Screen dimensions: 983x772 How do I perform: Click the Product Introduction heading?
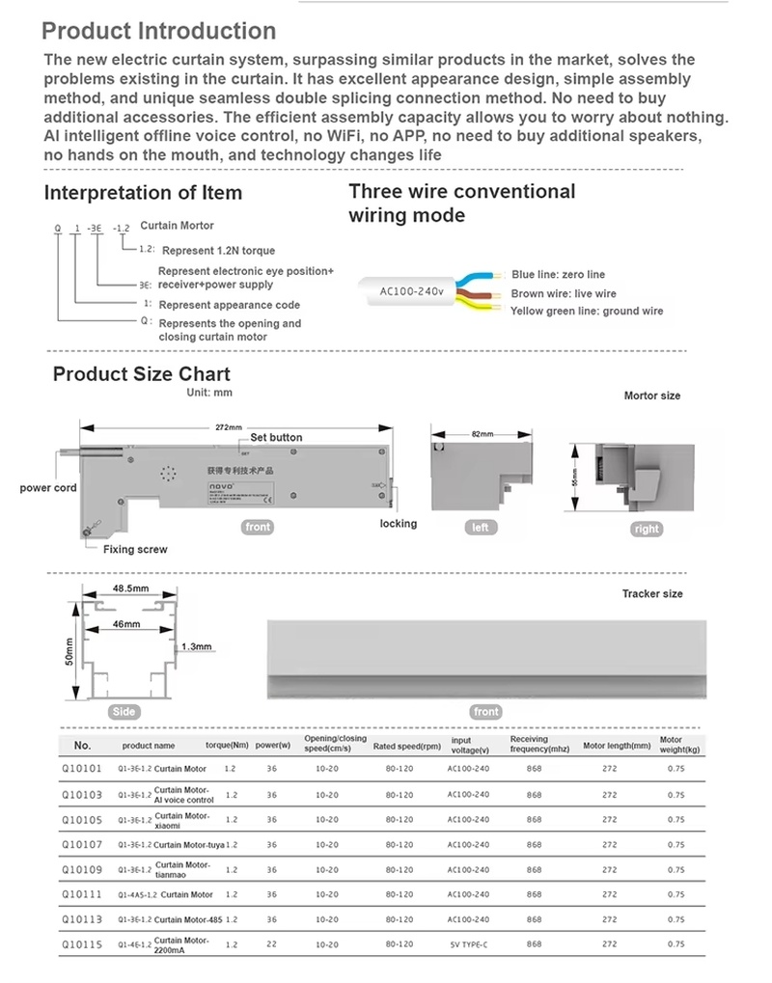[x=159, y=32]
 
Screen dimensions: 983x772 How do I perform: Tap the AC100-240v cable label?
[x=411, y=291]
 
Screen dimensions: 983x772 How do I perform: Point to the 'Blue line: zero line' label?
[x=558, y=275]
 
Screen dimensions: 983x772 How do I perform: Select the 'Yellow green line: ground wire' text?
[x=587, y=312]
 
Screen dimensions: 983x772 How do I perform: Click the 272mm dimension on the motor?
[x=228, y=426]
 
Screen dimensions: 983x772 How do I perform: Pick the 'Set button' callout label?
[x=276, y=438]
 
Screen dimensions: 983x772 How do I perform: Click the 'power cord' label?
[x=48, y=488]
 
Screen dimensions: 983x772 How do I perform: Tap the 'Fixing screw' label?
[x=135, y=550]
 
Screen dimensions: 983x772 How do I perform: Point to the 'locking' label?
[x=399, y=524]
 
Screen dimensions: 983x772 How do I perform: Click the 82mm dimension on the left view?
[x=482, y=435]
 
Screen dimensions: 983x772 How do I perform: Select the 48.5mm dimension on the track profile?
[x=130, y=588]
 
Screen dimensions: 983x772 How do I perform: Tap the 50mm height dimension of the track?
[x=69, y=657]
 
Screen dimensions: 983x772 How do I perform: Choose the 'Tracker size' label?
[x=651, y=594]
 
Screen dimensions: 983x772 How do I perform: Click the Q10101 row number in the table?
[x=81, y=769]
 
